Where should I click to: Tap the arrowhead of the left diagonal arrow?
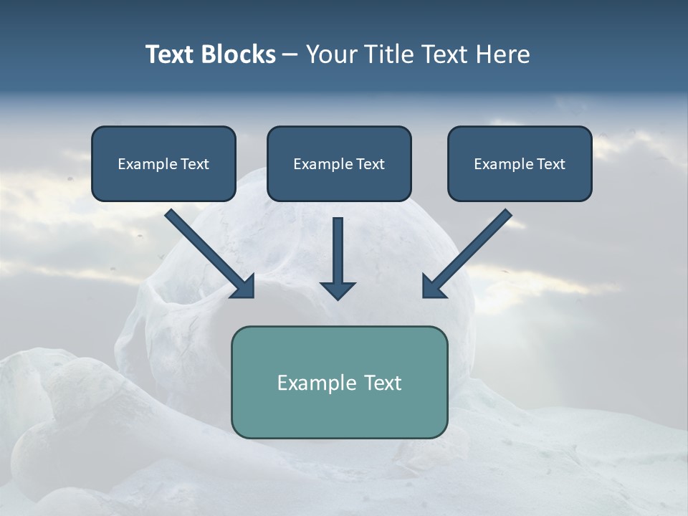click(x=244, y=287)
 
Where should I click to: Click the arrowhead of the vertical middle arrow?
click(x=338, y=290)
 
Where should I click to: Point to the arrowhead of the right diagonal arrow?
click(x=433, y=287)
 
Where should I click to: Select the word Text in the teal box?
click(x=383, y=383)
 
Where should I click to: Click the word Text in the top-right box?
click(x=551, y=164)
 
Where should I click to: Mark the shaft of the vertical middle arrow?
click(x=338, y=247)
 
